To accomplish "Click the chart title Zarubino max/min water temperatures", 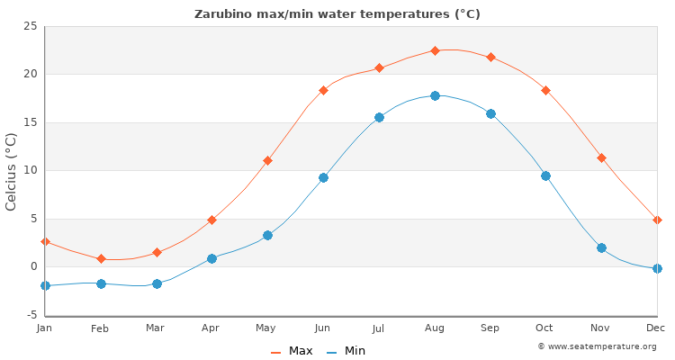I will tap(337, 14).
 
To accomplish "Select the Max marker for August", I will tap(435, 50).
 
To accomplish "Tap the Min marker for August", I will tap(435, 95).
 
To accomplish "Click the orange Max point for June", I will tap(323, 90).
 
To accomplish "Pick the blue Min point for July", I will tap(379, 117).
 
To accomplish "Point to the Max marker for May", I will tap(267, 160).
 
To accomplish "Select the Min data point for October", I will tap(545, 175).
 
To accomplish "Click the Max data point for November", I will tap(601, 157).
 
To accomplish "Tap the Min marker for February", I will tap(101, 283).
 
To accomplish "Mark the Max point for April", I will tap(211, 220).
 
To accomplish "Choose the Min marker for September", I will tap(490, 113).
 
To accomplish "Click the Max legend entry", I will tap(292, 351).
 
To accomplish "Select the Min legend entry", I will tap(346, 351).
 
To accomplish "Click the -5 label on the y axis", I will tap(30, 315).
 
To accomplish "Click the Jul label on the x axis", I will tap(379, 328).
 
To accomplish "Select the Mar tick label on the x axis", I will tap(156, 328).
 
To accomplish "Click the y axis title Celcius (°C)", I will tap(12, 171).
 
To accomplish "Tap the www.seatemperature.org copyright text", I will tap(598, 346).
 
